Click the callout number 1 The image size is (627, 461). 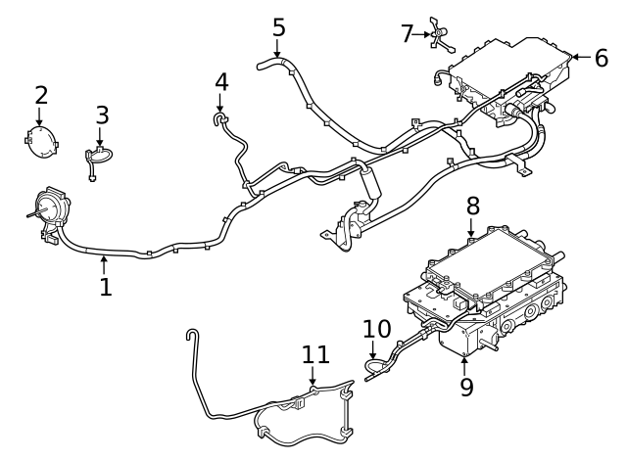(106, 287)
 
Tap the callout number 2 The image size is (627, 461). (41, 95)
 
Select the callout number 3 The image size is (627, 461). (102, 115)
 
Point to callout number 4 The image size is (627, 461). (221, 81)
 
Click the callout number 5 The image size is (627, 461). (278, 27)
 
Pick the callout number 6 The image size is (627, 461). (601, 58)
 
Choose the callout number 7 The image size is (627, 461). (408, 34)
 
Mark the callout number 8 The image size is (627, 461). (472, 207)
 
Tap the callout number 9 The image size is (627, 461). (466, 387)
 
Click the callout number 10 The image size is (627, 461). (376, 329)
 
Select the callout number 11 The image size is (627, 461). (314, 354)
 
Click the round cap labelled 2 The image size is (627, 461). (41, 143)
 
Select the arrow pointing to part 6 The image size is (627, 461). (578, 58)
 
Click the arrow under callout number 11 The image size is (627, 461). (313, 378)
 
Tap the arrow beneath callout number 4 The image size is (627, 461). (220, 104)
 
